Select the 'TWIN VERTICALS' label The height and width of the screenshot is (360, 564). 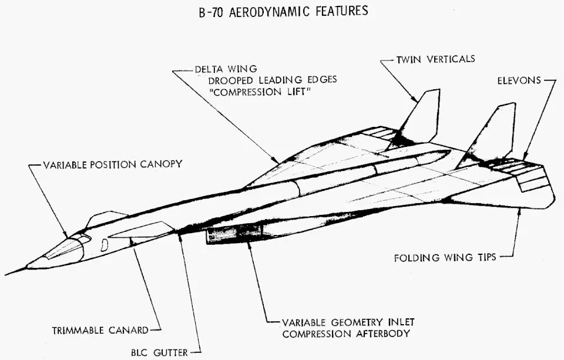pos(435,59)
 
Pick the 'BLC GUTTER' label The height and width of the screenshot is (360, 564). pos(159,352)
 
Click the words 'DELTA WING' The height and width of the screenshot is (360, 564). pos(219,68)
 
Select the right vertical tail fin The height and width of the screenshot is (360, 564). pos(496,132)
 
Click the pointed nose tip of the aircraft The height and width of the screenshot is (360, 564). pos(7,274)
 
